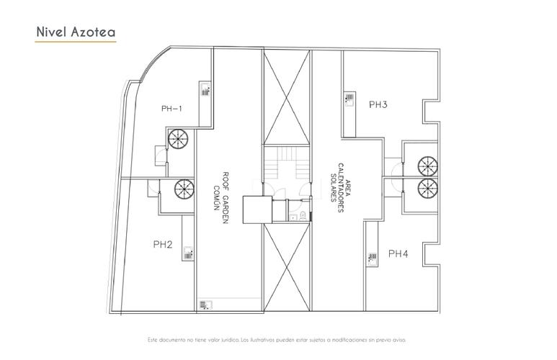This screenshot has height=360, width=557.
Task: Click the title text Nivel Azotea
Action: coord(76,32)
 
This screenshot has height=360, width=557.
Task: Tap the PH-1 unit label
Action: coord(171,109)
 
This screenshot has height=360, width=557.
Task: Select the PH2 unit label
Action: coord(163,244)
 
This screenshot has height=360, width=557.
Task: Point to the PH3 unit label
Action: coord(378,104)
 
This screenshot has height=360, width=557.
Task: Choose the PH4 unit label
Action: coord(398,253)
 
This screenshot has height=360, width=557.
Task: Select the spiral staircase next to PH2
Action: coord(184,189)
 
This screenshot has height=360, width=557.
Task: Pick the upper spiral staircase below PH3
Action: coord(427,166)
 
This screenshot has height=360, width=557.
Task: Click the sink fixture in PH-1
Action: coord(206,91)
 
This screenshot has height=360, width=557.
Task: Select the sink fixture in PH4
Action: coord(373,258)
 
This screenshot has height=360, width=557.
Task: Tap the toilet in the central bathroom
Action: coord(303,215)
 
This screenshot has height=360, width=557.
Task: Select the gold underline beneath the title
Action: coord(76,42)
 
